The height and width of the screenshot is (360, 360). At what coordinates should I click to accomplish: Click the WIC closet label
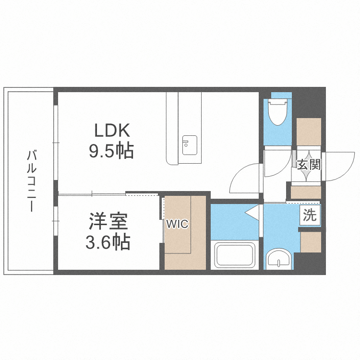[x=177, y=224]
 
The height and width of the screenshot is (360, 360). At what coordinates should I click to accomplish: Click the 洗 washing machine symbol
[x=310, y=216]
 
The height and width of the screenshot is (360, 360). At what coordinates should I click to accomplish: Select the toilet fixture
[x=277, y=112]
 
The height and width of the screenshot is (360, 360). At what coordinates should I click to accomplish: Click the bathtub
[x=235, y=255]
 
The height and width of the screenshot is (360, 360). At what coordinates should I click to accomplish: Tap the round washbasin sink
[x=277, y=259]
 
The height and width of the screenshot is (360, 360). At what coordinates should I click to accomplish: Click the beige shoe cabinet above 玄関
[x=308, y=131]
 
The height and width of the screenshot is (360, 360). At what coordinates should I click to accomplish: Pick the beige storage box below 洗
[x=310, y=242]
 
